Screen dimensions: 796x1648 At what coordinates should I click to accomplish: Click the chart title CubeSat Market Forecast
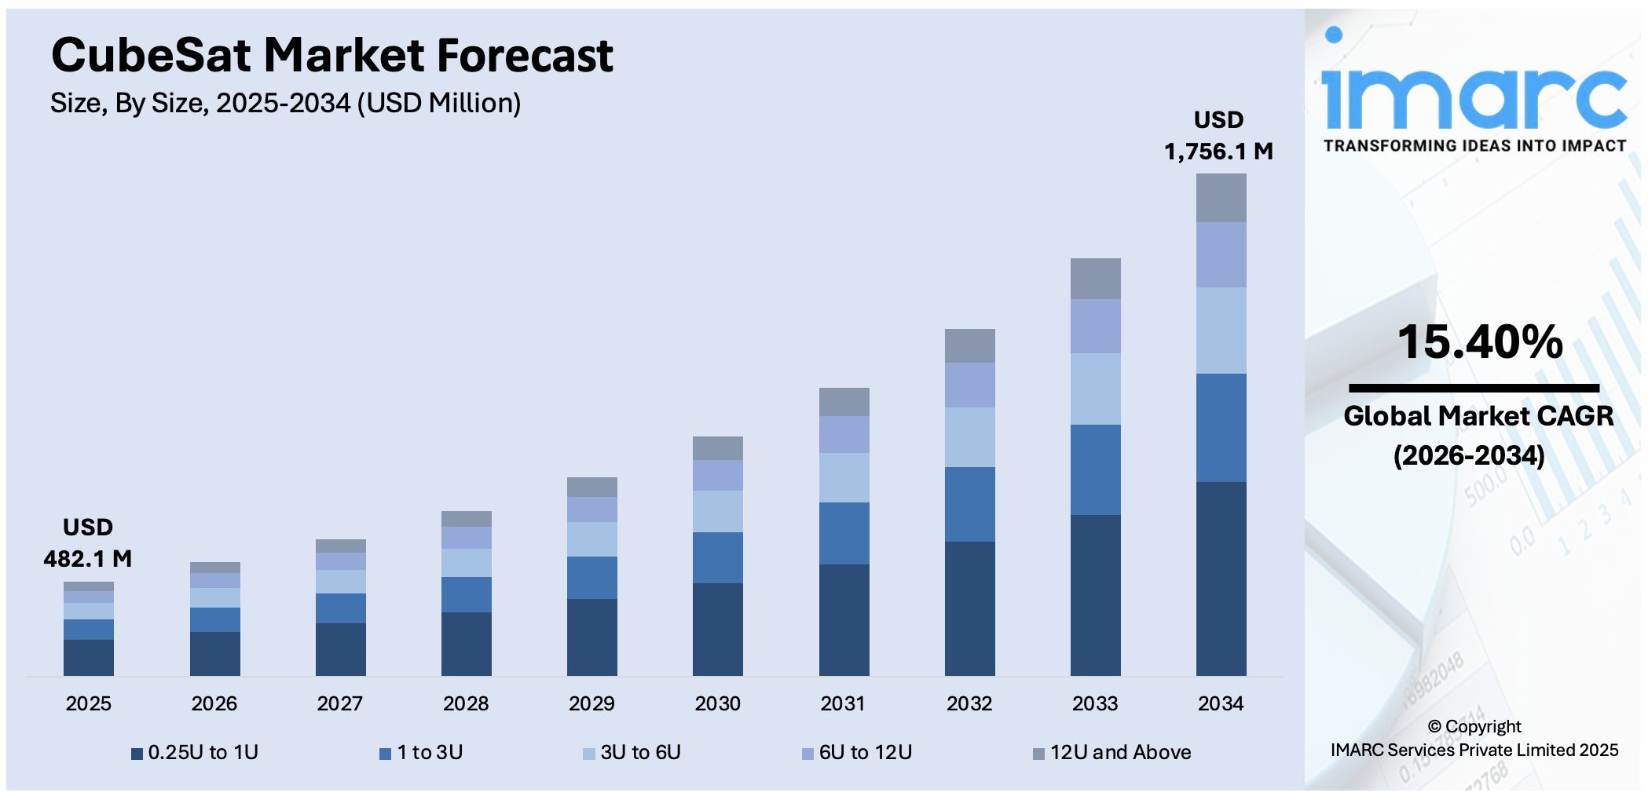click(331, 56)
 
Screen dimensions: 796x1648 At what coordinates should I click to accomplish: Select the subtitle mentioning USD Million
click(285, 103)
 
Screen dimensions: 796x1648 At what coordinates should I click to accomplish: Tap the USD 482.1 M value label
click(88, 543)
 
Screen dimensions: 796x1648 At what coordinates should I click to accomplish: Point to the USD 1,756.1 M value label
click(1218, 136)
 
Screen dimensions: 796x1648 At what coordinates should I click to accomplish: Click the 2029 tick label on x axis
click(591, 703)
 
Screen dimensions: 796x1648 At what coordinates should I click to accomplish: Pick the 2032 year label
click(969, 703)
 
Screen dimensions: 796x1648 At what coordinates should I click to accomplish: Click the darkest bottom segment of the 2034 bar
click(1221, 579)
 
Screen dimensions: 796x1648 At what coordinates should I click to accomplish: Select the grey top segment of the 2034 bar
click(1221, 198)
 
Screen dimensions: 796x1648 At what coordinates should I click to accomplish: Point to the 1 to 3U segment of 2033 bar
click(1095, 469)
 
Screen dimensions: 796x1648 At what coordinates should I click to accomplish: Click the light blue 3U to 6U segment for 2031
click(844, 477)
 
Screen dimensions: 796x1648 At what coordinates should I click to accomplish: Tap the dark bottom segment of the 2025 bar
click(89, 657)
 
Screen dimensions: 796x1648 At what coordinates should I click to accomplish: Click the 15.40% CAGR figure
click(1480, 342)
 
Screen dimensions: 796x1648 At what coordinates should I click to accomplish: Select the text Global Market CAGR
click(1478, 415)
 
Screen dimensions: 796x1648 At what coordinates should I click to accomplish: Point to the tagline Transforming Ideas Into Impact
click(1474, 146)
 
